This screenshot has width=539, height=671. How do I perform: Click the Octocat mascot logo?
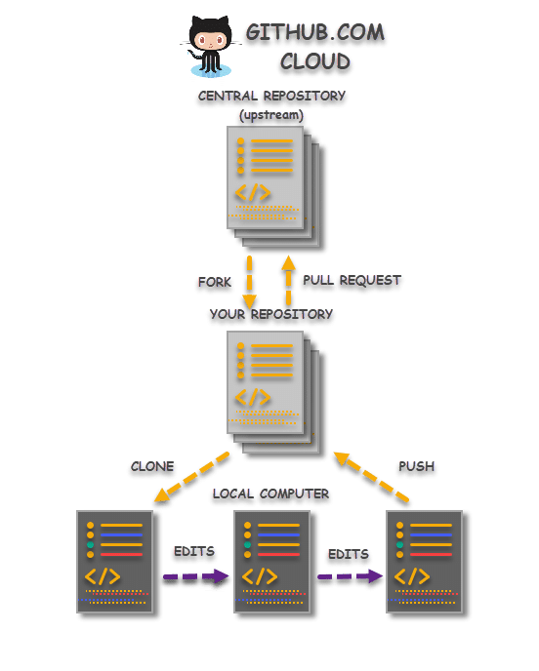click(x=209, y=46)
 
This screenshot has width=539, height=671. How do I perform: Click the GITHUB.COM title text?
click(x=314, y=32)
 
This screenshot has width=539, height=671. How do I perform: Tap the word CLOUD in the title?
click(x=314, y=62)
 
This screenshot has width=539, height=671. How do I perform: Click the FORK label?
click(x=214, y=282)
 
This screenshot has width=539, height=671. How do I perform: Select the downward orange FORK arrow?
click(x=249, y=281)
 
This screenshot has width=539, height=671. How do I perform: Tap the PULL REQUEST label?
click(x=352, y=280)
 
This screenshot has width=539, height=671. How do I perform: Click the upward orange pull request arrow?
click(x=288, y=280)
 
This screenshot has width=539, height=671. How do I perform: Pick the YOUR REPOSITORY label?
click(x=270, y=315)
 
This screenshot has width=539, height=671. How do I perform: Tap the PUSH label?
click(x=416, y=467)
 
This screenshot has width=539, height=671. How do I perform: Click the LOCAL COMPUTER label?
click(x=270, y=495)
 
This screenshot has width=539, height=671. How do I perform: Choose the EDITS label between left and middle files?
click(x=192, y=552)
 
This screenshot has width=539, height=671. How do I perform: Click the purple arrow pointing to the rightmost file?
click(x=350, y=577)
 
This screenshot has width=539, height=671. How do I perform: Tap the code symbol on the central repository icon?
click(x=252, y=192)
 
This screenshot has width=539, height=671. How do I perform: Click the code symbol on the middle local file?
click(x=260, y=576)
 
